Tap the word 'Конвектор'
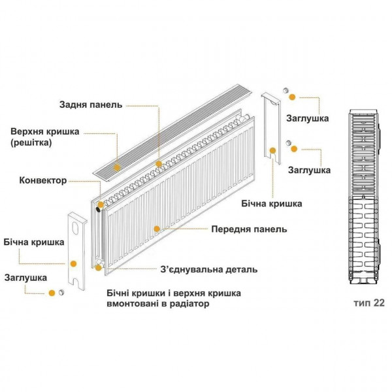point(43,180)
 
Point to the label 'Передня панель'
point(248,229)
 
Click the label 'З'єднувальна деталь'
point(208,269)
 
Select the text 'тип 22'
point(367,304)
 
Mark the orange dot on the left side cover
point(74,263)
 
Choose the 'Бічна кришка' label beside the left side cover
point(34,242)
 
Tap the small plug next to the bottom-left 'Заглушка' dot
point(61,292)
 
